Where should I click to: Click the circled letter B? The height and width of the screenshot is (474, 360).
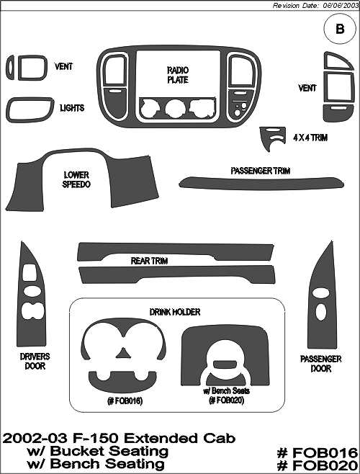(340, 29)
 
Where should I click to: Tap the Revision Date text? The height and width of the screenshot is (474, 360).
(315, 6)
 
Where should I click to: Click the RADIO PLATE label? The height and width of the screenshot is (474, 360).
(178, 75)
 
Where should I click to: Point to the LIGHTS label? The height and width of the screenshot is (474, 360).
(72, 108)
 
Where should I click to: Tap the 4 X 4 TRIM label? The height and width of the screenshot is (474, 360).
(310, 138)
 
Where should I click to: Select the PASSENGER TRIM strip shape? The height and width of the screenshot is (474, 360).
(261, 183)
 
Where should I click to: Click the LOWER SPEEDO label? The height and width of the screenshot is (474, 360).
(76, 179)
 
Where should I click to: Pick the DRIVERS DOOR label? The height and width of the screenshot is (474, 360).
(35, 361)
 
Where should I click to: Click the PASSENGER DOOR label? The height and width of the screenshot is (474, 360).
(320, 364)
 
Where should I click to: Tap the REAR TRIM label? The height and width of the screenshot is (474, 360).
(149, 261)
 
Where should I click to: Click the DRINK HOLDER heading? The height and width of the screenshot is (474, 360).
(175, 312)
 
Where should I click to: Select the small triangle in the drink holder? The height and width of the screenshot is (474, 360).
(123, 354)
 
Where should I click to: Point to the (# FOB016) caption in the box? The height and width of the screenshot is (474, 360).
(125, 401)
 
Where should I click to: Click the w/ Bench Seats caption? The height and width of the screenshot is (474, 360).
(226, 391)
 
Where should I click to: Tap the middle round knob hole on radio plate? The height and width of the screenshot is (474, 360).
(176, 109)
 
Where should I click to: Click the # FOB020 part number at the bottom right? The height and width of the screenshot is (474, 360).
(318, 465)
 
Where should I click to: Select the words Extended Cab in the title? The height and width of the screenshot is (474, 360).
(179, 438)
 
